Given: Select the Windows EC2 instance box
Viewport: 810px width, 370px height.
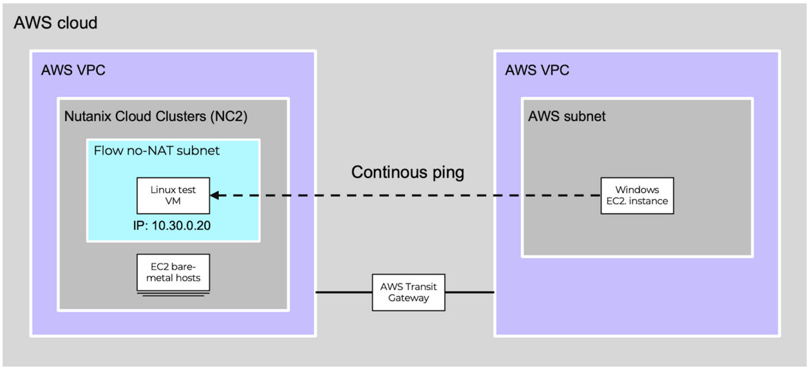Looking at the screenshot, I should click(x=637, y=195).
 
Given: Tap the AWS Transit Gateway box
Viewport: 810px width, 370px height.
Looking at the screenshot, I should click(x=404, y=292).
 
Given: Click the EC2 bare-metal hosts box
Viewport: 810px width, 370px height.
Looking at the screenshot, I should click(x=172, y=272).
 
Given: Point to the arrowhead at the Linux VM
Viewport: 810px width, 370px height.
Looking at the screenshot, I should click(x=215, y=195).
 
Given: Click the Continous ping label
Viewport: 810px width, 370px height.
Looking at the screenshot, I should click(x=408, y=172).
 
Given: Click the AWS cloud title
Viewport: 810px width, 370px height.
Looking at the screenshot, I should click(x=56, y=23).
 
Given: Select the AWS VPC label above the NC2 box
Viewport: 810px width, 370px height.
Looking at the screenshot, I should click(x=73, y=70).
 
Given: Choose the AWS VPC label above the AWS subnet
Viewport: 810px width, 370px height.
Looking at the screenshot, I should click(x=537, y=70).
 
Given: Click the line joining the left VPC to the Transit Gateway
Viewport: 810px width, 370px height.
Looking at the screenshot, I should click(x=344, y=292).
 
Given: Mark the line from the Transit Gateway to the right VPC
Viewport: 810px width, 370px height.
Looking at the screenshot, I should click(x=465, y=292).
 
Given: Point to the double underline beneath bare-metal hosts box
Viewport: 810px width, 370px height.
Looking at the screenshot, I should click(x=172, y=294).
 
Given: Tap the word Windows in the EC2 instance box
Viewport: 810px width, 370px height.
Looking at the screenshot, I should click(x=637, y=189).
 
